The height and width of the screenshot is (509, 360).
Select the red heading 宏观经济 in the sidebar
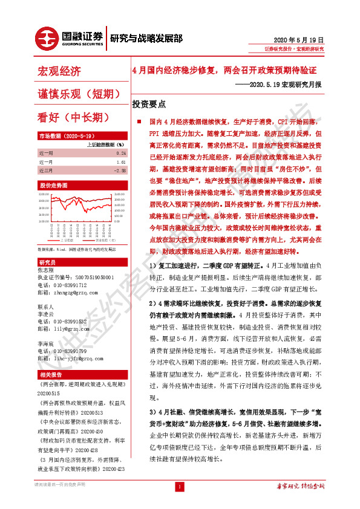(x=59, y=72)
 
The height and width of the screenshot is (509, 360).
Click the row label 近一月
(x=46, y=163)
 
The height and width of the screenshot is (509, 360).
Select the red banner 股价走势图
(x=53, y=185)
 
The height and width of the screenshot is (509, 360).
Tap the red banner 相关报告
(x=49, y=375)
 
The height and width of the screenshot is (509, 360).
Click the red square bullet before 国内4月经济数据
(x=139, y=122)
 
